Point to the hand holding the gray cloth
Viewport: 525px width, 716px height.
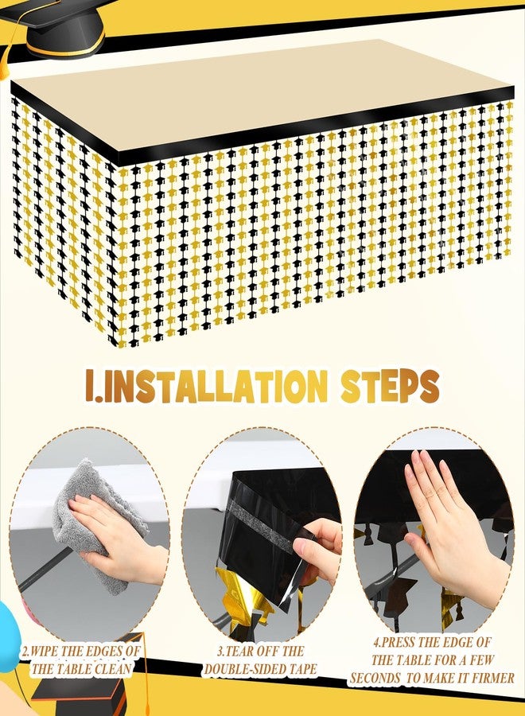(117, 535)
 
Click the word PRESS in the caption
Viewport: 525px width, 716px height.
(398, 643)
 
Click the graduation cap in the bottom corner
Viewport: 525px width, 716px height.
(78, 694)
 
